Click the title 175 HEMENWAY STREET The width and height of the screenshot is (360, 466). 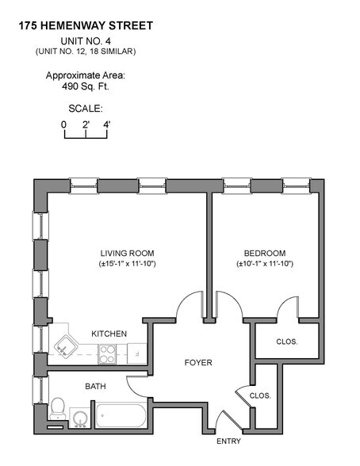click(85, 25)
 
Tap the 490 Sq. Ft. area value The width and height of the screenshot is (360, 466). click(85, 88)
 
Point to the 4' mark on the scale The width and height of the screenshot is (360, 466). click(107, 124)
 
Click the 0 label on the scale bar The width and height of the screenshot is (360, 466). click(63, 124)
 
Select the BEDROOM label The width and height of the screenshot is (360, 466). click(265, 253)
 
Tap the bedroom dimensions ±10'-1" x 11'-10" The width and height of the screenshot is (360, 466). click(265, 264)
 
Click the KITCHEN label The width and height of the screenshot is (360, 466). click(109, 334)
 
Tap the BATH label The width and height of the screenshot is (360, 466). click(96, 388)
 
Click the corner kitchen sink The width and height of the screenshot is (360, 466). click(64, 345)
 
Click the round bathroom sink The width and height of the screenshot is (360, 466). click(79, 416)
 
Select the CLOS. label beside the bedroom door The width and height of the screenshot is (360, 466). click(285, 342)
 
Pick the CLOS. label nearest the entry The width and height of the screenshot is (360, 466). click(260, 395)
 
